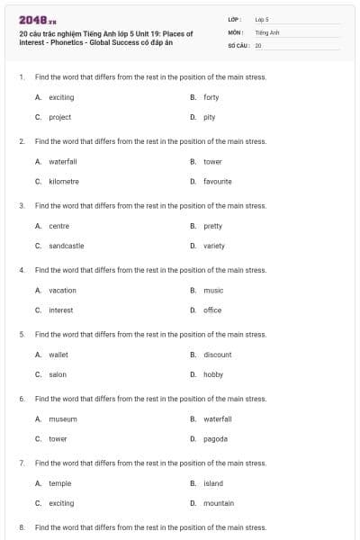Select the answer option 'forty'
(x=211, y=97)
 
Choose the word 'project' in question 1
(x=59, y=117)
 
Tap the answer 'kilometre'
(x=64, y=181)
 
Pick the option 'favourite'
(x=218, y=181)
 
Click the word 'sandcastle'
(x=67, y=246)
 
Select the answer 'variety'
(x=214, y=246)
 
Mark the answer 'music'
(x=213, y=290)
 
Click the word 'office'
(x=212, y=310)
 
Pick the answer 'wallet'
(x=58, y=355)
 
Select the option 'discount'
(x=218, y=355)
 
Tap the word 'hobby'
(x=213, y=374)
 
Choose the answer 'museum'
(x=63, y=418)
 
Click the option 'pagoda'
(x=216, y=438)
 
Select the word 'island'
(x=213, y=483)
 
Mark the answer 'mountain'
(x=219, y=503)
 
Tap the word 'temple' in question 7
(x=60, y=483)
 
